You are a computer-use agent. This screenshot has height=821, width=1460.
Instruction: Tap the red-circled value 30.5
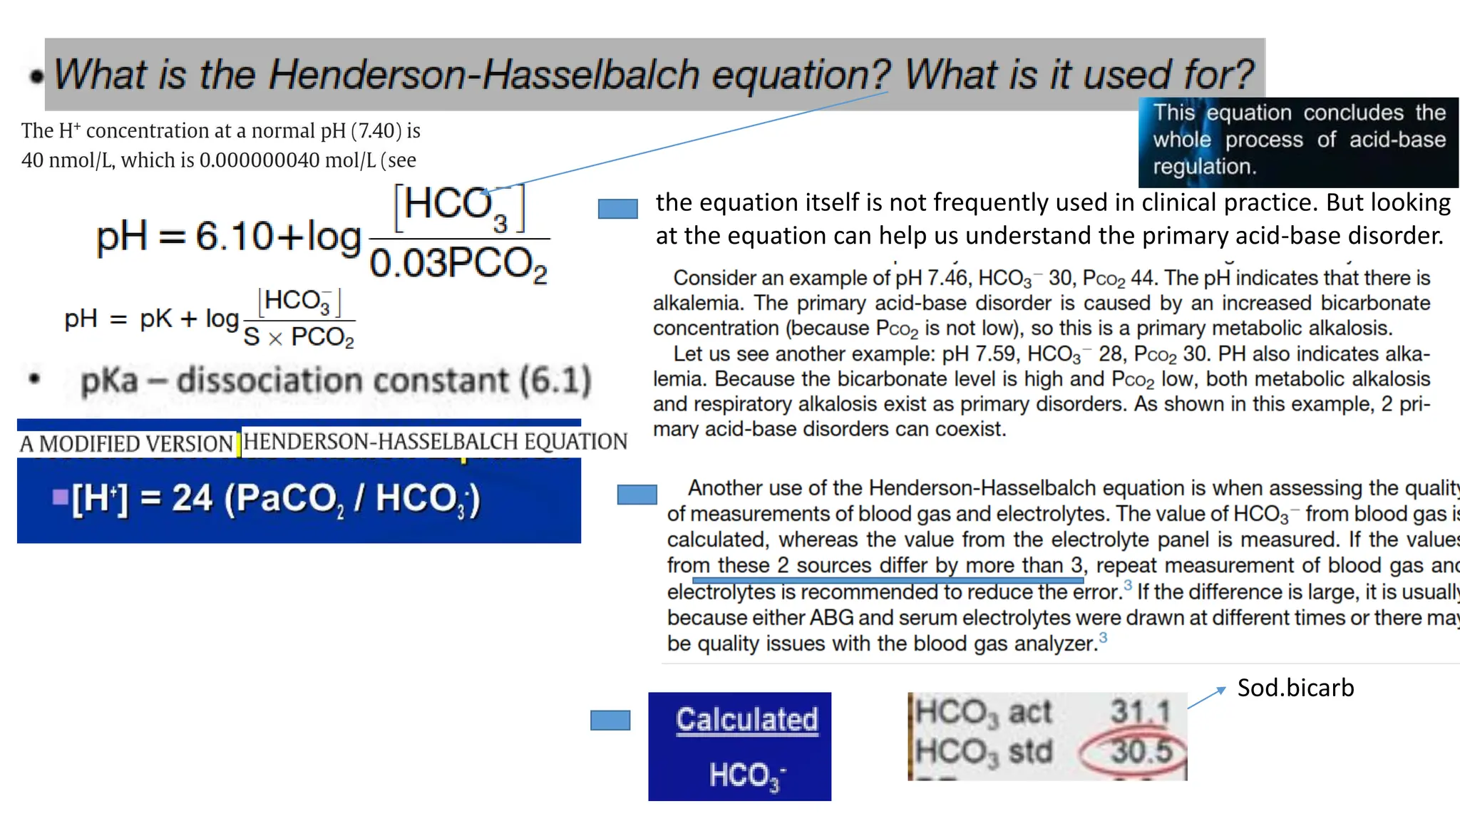point(1141,751)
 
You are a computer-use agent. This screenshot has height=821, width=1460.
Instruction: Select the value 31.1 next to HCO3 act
point(1140,711)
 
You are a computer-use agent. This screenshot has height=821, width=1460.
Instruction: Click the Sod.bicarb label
point(1295,688)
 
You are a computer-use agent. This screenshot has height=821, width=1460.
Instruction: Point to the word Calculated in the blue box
point(746,720)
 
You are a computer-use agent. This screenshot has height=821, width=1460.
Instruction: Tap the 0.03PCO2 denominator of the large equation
point(458,264)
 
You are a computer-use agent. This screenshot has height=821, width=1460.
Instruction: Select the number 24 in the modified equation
point(192,497)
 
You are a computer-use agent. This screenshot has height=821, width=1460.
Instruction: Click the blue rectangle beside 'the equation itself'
point(617,209)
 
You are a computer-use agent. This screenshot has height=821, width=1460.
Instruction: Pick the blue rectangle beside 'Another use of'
point(637,495)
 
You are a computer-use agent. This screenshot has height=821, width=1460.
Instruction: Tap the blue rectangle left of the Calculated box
point(610,721)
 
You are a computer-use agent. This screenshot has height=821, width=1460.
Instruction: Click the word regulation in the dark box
point(1204,167)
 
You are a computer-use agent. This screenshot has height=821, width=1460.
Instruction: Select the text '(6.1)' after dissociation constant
point(555,381)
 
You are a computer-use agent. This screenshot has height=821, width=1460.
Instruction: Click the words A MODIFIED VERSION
point(126,444)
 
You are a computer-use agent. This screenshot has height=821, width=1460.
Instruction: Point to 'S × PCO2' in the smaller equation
point(299,336)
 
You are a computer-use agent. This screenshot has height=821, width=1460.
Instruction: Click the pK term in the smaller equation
point(155,319)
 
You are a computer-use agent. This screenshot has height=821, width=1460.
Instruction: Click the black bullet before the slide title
point(36,76)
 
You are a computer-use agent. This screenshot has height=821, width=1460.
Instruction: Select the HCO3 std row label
point(983,752)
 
